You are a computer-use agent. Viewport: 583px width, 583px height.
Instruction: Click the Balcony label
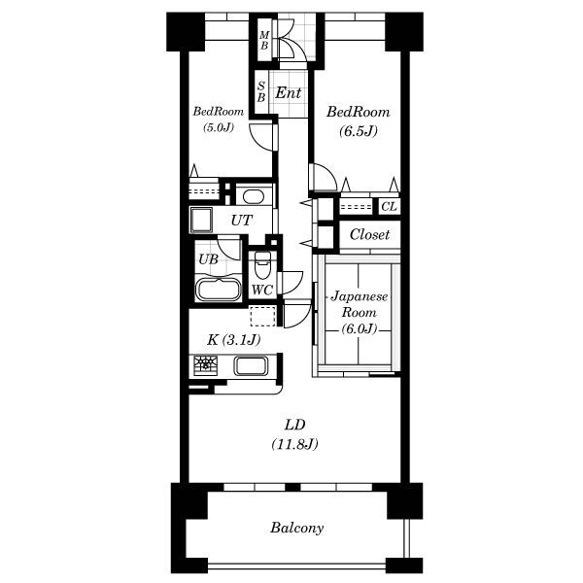[x=296, y=528]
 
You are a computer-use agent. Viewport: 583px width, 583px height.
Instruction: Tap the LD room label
[x=294, y=425]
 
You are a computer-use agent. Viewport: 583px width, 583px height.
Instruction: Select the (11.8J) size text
[x=294, y=444]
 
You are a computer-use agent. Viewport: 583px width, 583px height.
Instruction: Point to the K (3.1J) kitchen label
[x=233, y=339]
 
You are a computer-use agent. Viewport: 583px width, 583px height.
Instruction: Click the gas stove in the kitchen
[x=205, y=364]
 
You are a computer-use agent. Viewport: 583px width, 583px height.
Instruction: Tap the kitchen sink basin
[x=251, y=365]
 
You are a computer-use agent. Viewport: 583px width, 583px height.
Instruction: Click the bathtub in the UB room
[x=219, y=289]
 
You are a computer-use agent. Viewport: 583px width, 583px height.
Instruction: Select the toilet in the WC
[x=262, y=264]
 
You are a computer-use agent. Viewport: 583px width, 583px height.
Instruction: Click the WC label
[x=262, y=290]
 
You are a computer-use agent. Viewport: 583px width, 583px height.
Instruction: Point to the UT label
[x=242, y=221]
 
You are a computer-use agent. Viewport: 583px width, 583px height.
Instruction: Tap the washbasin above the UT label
[x=254, y=196]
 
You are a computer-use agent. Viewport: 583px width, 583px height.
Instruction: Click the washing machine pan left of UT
[x=201, y=220]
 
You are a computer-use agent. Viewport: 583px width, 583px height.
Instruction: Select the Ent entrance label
[x=288, y=92]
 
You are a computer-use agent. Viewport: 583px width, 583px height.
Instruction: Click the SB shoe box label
[x=261, y=92]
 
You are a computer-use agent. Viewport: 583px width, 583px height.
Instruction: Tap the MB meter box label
[x=264, y=41]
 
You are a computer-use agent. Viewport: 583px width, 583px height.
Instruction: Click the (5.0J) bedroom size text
[x=219, y=127]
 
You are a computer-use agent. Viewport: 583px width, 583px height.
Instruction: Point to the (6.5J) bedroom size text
[x=358, y=131]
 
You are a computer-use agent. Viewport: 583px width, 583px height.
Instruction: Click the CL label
[x=390, y=206]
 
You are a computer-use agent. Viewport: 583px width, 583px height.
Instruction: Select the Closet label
[x=369, y=234]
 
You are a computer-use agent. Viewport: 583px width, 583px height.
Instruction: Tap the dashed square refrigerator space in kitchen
[x=263, y=316]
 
